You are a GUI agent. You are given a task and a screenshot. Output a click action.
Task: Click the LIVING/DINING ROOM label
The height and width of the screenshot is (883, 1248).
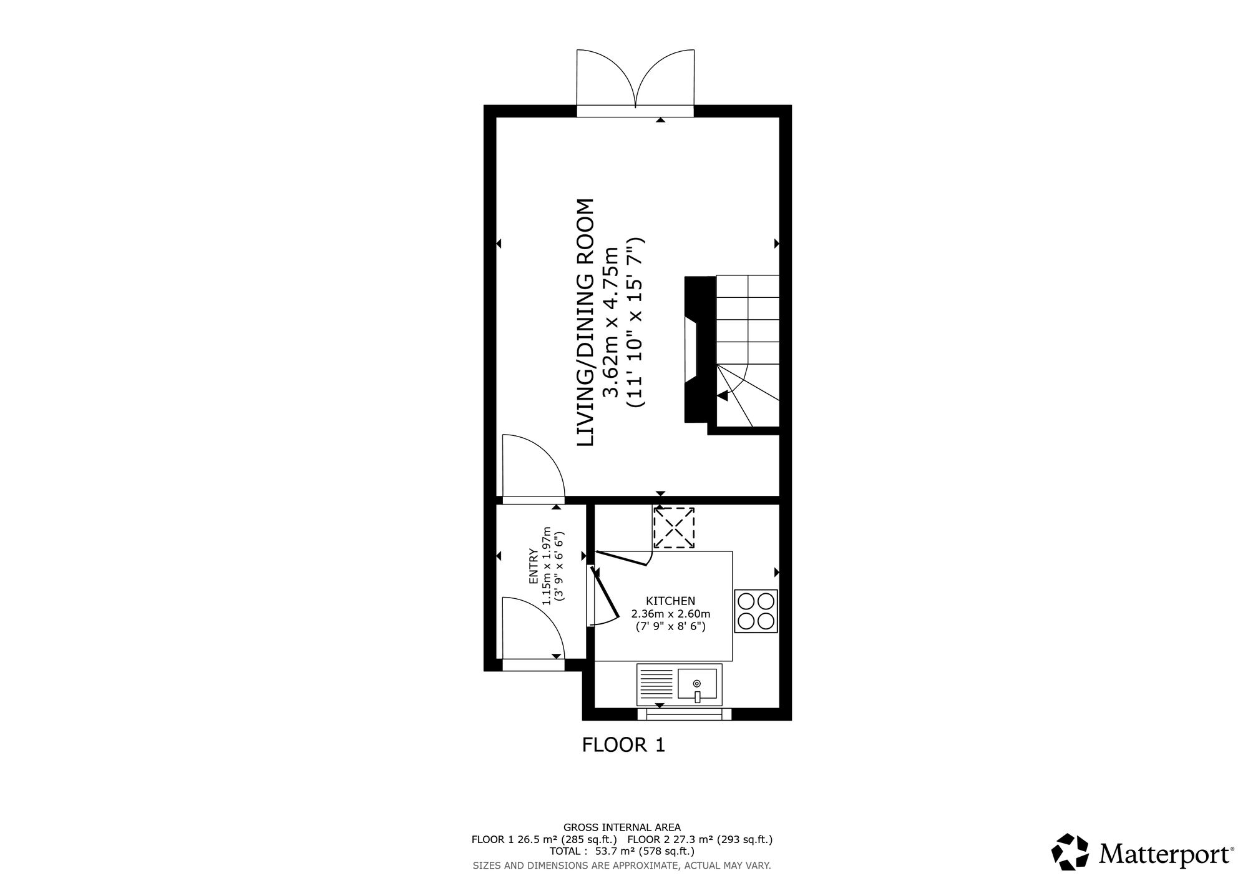coord(584,323)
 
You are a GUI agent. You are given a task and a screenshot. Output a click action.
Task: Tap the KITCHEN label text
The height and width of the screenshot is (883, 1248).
coord(670,601)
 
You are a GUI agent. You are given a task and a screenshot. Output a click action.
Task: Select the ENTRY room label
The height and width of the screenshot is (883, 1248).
coord(534,566)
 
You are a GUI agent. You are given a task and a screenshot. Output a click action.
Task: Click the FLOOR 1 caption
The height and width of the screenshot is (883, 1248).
coord(623,744)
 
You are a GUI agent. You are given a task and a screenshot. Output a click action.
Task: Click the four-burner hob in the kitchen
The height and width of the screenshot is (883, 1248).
coord(756,611)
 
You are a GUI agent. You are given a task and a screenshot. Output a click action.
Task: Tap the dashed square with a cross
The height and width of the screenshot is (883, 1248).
coord(674,528)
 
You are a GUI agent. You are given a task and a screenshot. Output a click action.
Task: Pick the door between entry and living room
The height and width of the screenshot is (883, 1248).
coord(534,468)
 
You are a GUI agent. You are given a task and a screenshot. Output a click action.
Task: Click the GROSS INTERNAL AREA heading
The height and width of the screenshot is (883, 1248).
coord(622,828)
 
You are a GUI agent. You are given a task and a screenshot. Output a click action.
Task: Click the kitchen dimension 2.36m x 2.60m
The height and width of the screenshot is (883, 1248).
coord(671,614)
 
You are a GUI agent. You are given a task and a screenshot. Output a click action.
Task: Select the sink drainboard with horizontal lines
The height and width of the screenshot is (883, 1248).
coord(657,683)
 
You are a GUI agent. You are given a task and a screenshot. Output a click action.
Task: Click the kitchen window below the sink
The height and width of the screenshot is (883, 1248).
coord(685,713)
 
